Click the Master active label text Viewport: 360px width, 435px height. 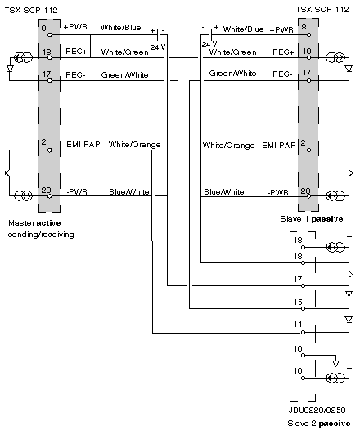click(x=34, y=223)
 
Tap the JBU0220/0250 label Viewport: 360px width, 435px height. click(x=317, y=410)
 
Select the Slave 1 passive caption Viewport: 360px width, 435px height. click(x=312, y=219)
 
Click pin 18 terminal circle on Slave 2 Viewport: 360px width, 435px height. click(x=303, y=262)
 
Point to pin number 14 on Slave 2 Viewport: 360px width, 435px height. click(x=298, y=325)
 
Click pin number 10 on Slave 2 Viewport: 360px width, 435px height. click(x=298, y=348)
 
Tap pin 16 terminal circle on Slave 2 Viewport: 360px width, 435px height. click(x=303, y=378)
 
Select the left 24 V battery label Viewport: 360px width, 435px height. click(x=158, y=47)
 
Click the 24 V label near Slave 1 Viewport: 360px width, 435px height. click(x=209, y=44)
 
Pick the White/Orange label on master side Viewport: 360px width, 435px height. click(x=134, y=145)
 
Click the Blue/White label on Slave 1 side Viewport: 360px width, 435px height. click(x=224, y=192)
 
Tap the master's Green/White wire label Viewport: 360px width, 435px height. click(x=124, y=75)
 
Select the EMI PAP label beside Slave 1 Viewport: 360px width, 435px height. click(x=279, y=145)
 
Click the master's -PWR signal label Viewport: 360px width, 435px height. click(x=77, y=191)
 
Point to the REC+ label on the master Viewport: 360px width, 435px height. click(x=76, y=52)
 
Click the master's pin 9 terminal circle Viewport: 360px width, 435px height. click(x=49, y=34)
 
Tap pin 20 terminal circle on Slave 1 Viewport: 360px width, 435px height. click(x=308, y=196)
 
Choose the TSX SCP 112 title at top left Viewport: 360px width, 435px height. click(x=31, y=11)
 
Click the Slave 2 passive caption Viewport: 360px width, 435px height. click(x=319, y=424)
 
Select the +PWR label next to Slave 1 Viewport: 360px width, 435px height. click(x=281, y=30)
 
